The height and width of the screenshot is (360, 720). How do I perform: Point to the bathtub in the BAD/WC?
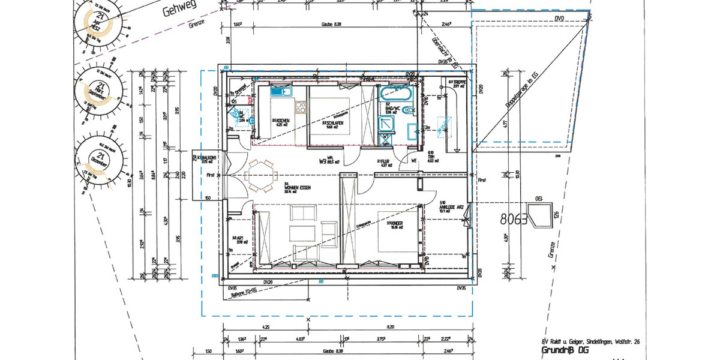coord(395,95)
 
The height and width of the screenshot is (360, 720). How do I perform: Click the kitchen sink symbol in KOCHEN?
coord(280,92)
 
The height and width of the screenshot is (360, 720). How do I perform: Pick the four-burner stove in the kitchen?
coord(299,107)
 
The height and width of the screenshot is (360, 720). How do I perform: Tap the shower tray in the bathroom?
coord(386,122)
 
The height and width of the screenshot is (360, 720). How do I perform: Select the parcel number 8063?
coord(513,220)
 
